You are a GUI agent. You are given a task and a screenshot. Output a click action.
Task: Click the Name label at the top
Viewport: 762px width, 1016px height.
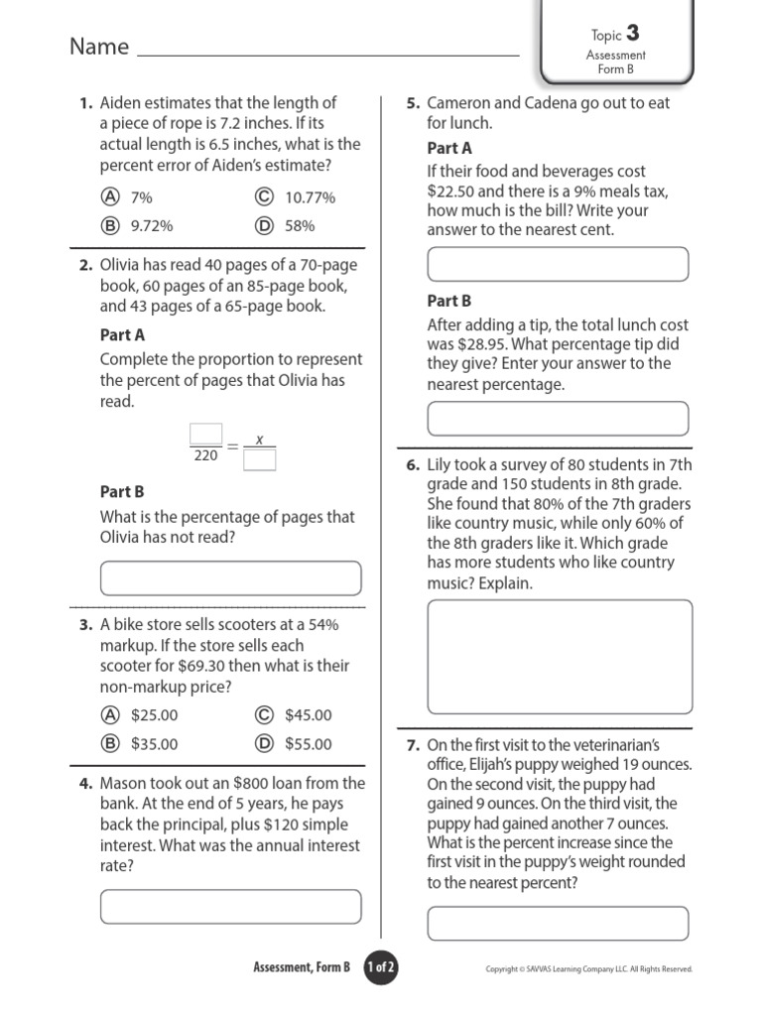coord(99,47)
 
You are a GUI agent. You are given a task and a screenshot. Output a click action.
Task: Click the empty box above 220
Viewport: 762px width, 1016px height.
coord(206,434)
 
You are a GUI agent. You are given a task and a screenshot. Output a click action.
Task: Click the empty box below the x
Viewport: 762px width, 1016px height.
coord(259,459)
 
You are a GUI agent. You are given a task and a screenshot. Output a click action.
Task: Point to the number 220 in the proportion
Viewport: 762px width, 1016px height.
coord(206,456)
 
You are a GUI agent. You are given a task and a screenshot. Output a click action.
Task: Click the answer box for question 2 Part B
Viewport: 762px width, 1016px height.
coord(230,577)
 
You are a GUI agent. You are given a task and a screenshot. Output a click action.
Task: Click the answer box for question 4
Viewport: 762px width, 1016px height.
coord(230,906)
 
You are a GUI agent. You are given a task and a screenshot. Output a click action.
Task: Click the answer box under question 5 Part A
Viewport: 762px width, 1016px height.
coord(558,265)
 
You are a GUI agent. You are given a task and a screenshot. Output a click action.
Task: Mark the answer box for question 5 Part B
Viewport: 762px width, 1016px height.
coord(558,419)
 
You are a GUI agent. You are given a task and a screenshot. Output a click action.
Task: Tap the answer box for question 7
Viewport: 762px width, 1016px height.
coord(558,923)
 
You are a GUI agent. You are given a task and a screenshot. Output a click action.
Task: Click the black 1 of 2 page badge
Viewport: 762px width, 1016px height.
coord(380,967)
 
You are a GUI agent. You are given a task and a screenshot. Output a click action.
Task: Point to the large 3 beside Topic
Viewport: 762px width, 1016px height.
coord(633,34)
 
